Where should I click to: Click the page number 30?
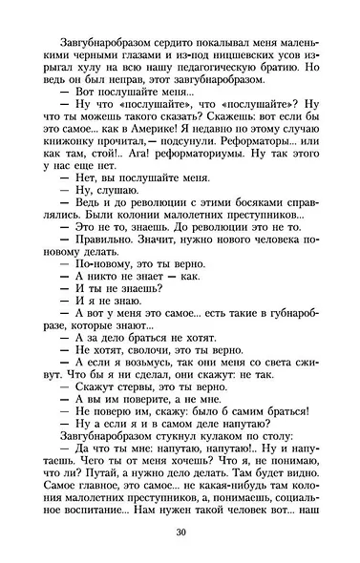coord(180,532)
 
